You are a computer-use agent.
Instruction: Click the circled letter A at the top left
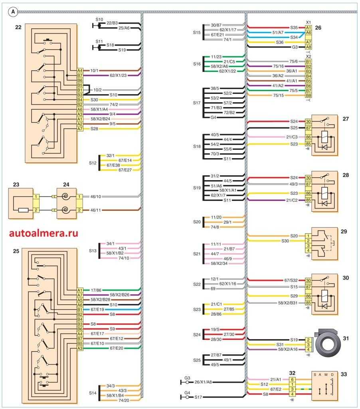tap(13, 12)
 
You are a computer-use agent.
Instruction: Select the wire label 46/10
tap(98, 197)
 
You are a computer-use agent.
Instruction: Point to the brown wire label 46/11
tap(98, 209)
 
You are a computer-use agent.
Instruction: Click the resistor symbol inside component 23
tap(23, 210)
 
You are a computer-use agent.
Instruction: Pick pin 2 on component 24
tap(79, 210)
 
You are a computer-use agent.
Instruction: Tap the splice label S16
tap(197, 64)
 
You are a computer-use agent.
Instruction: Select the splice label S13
tap(93, 251)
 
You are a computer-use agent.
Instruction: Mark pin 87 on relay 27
tap(308, 128)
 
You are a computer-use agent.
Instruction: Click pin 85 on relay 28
tap(308, 199)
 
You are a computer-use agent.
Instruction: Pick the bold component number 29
tap(344, 231)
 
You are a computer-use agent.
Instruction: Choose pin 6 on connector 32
tap(293, 379)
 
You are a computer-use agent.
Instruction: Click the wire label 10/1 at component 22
tap(94, 70)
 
